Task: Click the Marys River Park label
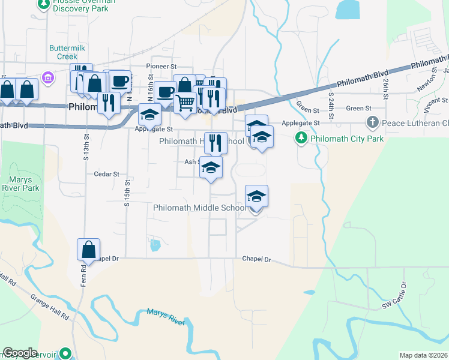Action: coord(24,184)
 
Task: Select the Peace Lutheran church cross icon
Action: coord(372,123)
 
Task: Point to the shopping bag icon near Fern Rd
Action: coord(88,250)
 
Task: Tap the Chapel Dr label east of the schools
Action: coord(257,260)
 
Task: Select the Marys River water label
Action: coord(165,317)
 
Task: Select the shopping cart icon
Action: coord(185,103)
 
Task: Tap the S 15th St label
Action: coord(127,193)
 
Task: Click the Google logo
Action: coord(20,352)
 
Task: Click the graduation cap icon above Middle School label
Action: coord(256,196)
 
